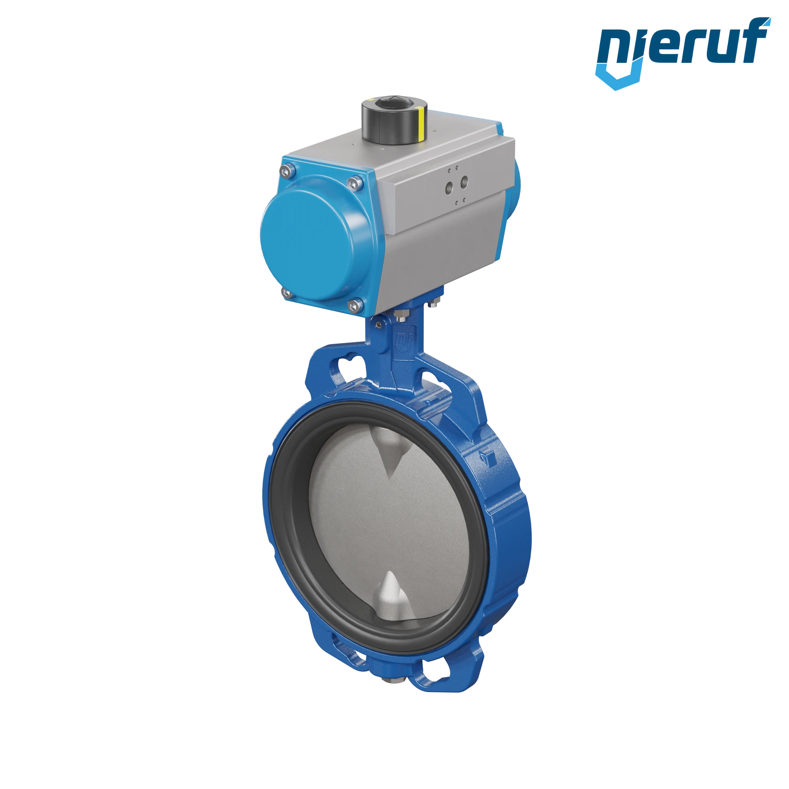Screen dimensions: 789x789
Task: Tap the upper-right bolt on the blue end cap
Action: click(x=355, y=183)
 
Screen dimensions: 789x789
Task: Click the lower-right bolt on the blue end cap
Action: click(x=354, y=305)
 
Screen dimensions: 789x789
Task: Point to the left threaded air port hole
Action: click(x=449, y=187)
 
